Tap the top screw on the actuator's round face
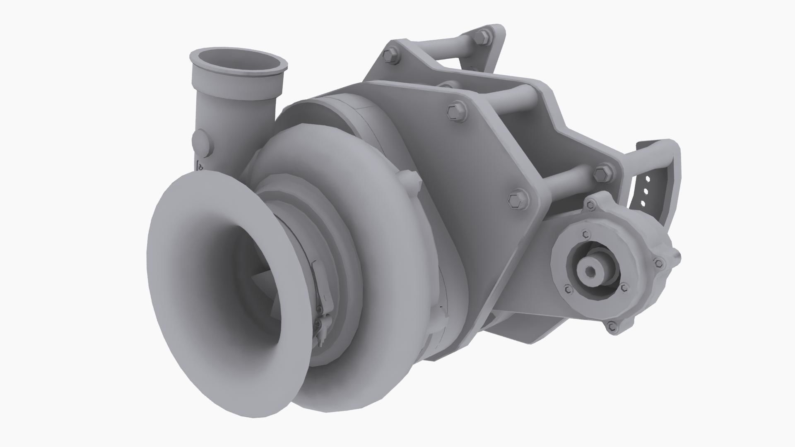pyautogui.click(x=585, y=235)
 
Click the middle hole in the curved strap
pyautogui.click(x=645, y=191)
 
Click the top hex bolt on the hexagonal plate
pyautogui.click(x=456, y=112)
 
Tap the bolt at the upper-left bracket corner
pyautogui.click(x=390, y=55)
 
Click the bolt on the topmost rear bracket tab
pyautogui.click(x=484, y=36)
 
